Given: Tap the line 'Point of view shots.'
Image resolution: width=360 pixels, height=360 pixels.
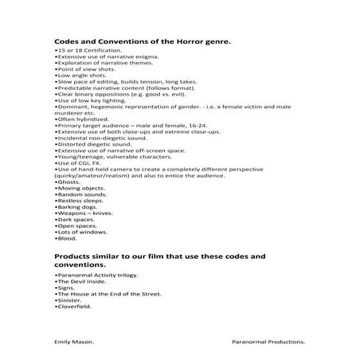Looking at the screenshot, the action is (x=80, y=70).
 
